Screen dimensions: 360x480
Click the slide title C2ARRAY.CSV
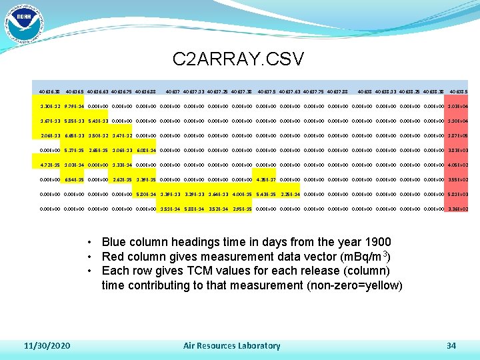(238, 59)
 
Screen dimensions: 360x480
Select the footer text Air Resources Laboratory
(231, 345)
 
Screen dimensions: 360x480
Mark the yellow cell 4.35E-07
(267, 179)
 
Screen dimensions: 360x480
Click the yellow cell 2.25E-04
(290, 194)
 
